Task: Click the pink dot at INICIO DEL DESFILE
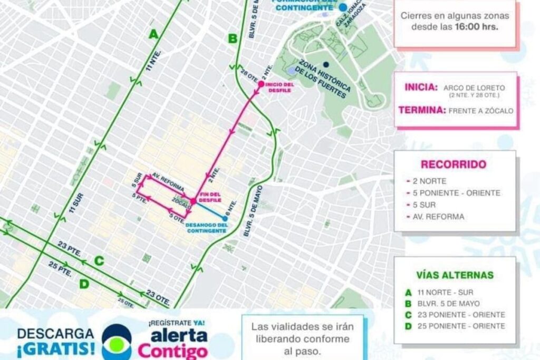coord(261,84)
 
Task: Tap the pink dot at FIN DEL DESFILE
coord(194,201)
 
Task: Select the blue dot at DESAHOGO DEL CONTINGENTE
coord(225,218)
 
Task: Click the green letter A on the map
coord(153,35)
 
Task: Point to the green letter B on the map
coord(233,38)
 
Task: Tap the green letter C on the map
coord(99,260)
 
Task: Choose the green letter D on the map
coord(84,284)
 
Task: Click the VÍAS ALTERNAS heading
coord(455,275)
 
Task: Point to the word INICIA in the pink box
coord(421,87)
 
